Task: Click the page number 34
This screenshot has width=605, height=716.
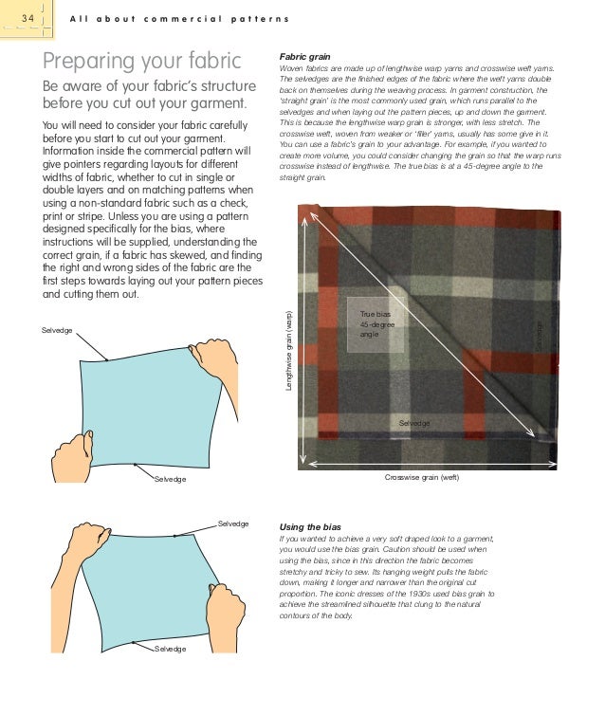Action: coord(24,20)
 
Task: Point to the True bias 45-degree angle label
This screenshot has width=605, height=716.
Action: coord(376,324)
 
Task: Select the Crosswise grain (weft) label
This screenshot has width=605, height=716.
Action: coord(421,477)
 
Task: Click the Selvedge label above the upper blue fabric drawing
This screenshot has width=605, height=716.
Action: coord(56,329)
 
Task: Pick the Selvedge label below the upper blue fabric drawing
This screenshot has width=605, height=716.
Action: coord(171,480)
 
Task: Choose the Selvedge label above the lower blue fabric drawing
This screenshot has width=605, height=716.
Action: coord(233,523)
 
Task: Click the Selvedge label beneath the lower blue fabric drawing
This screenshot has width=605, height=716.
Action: coord(171,648)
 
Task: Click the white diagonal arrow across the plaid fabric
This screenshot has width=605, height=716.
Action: coord(427,327)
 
